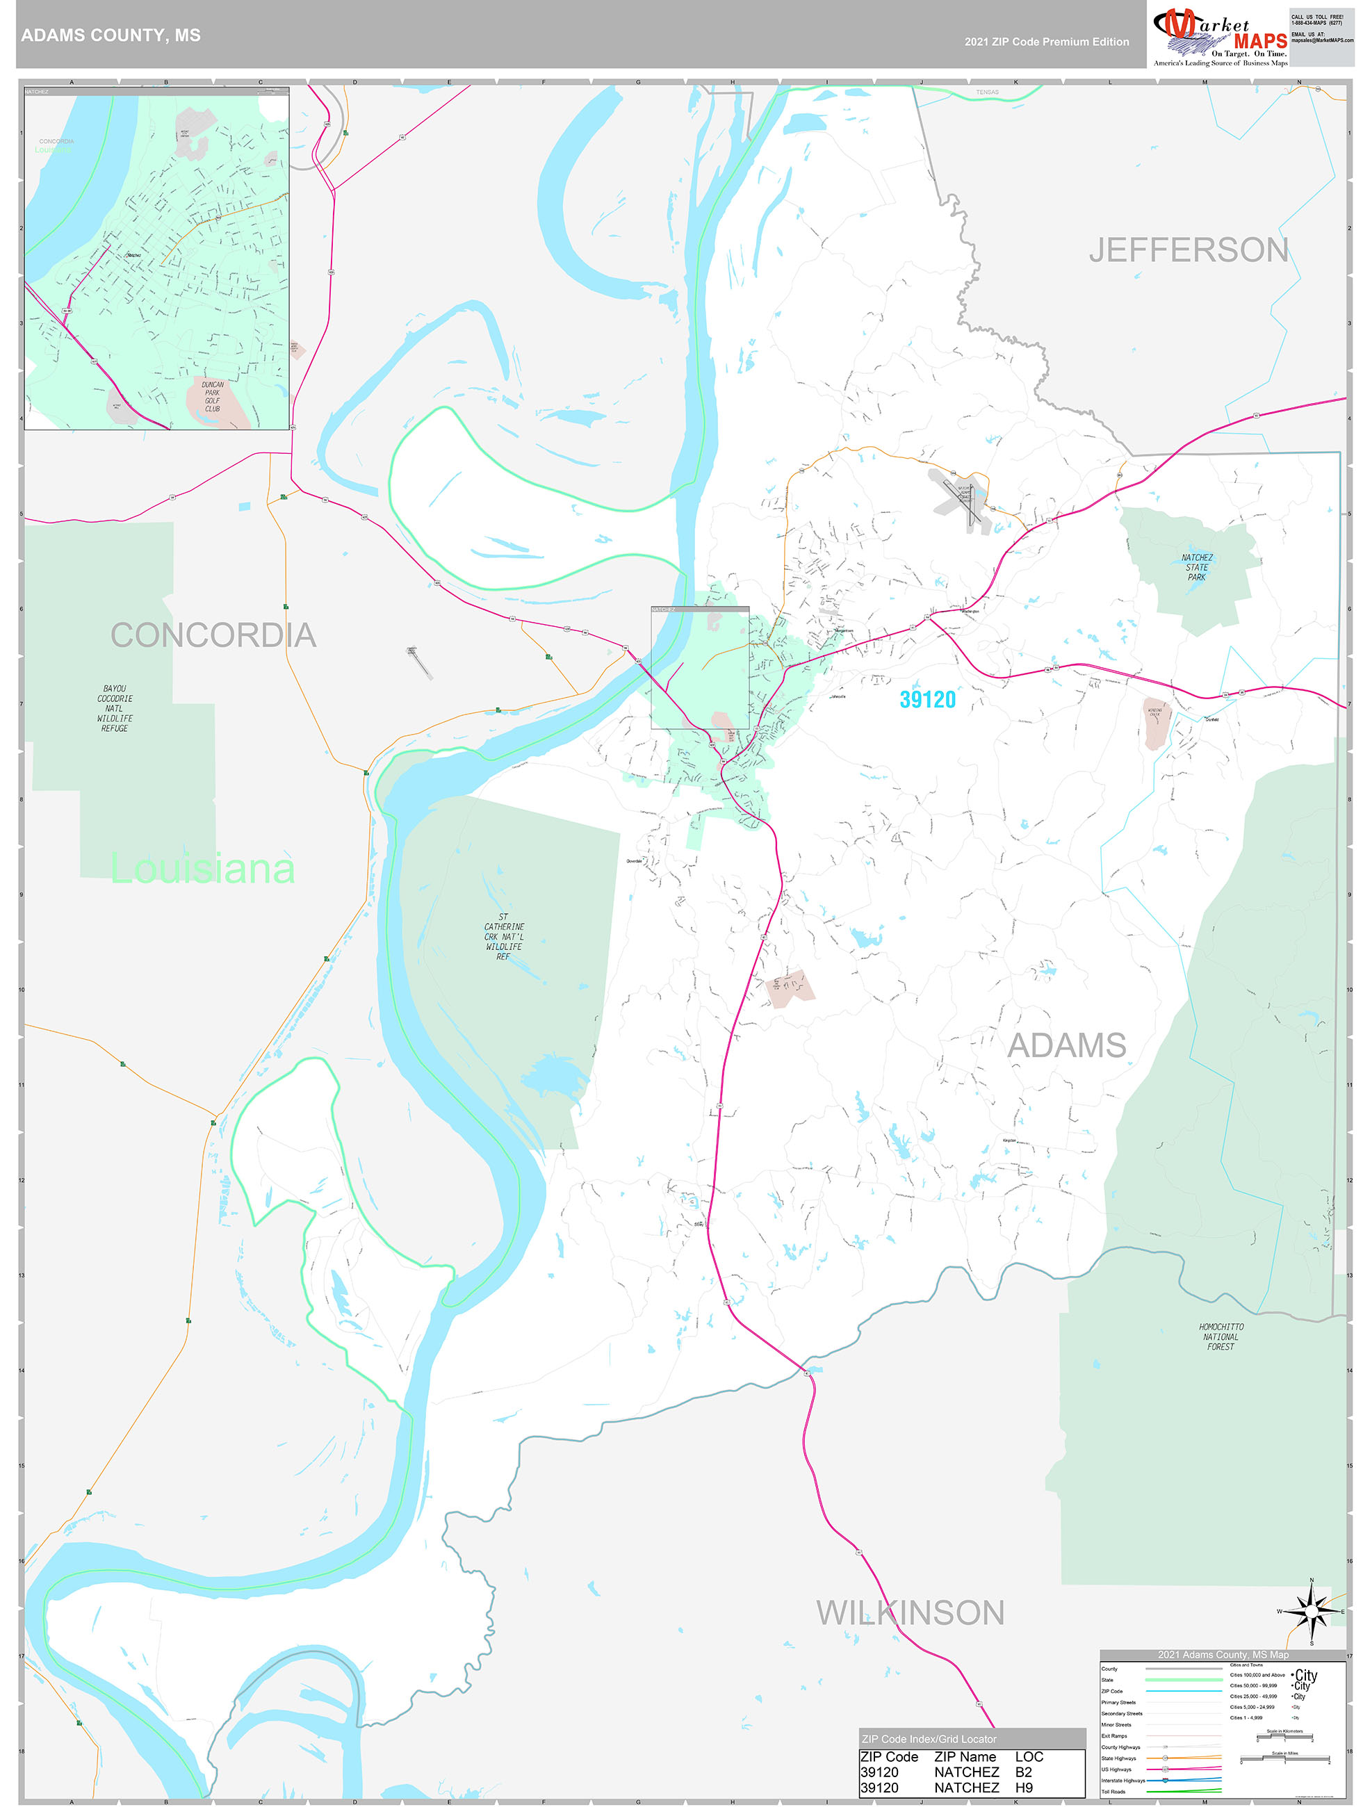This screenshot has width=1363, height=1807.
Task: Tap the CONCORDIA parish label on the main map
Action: tap(213, 635)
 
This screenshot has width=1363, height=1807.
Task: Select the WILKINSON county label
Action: tap(911, 1613)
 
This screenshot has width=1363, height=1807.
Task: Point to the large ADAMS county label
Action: tap(1066, 1046)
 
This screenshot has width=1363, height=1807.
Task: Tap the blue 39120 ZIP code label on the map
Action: tap(927, 699)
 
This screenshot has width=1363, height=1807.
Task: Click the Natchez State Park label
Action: tap(1196, 568)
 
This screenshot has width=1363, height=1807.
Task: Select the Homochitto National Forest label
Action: tap(1221, 1336)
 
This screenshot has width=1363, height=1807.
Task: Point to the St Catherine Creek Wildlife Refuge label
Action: tap(503, 937)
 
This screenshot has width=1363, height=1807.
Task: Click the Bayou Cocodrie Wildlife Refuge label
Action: tap(115, 708)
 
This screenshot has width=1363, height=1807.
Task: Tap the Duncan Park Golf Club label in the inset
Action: tap(213, 396)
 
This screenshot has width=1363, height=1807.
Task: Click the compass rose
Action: tap(1312, 1612)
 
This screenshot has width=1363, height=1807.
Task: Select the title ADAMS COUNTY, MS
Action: tap(111, 35)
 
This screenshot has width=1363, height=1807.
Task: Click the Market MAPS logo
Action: tap(1219, 34)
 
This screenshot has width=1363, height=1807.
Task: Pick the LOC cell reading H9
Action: tap(1024, 1788)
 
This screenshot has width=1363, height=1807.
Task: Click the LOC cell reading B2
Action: tap(1024, 1772)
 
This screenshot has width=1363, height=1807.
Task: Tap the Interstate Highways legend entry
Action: tap(1123, 1780)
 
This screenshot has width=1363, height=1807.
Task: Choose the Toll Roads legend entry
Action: tap(1113, 1792)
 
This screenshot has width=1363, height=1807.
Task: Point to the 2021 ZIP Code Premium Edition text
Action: tap(1046, 42)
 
